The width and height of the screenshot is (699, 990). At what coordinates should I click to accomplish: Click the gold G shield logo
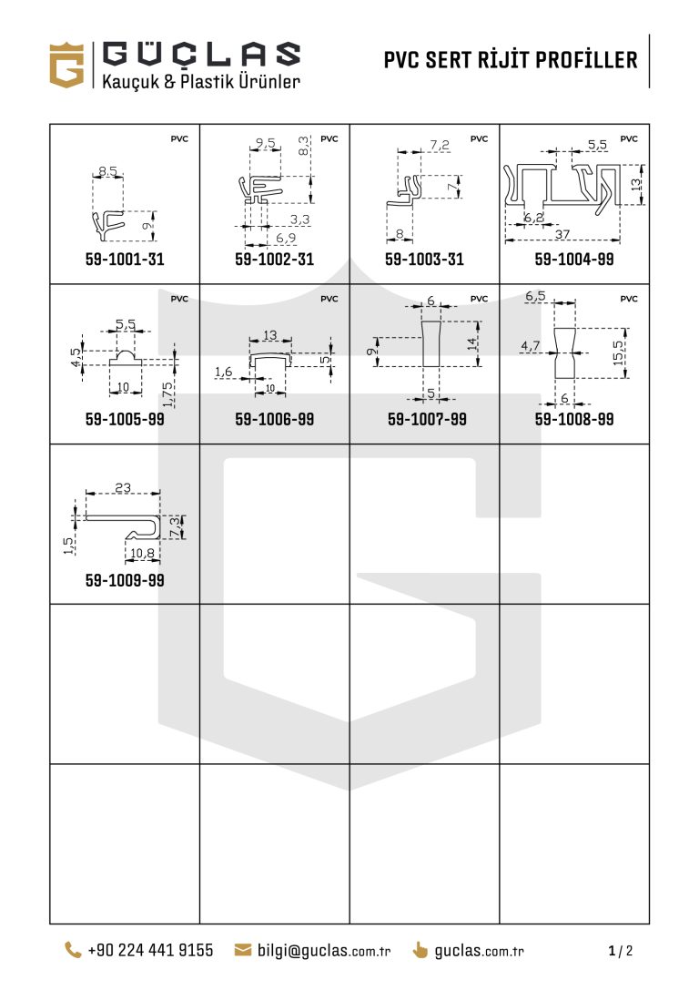pyautogui.click(x=66, y=65)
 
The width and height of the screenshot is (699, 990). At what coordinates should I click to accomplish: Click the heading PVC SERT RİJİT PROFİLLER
pyautogui.click(x=511, y=60)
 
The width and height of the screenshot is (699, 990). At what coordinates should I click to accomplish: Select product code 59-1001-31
pyautogui.click(x=125, y=259)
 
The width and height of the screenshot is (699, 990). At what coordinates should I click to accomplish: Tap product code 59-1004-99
pyautogui.click(x=574, y=259)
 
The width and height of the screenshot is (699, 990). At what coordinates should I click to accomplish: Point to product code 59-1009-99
pyautogui.click(x=125, y=579)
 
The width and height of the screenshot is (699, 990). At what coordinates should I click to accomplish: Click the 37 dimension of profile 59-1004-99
pyautogui.click(x=562, y=233)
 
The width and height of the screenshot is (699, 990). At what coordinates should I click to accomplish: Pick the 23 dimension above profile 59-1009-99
pyautogui.click(x=123, y=487)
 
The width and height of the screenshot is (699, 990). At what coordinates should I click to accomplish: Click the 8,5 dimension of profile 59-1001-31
pyautogui.click(x=108, y=171)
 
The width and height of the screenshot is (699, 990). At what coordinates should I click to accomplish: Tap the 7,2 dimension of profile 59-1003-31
pyautogui.click(x=440, y=145)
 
